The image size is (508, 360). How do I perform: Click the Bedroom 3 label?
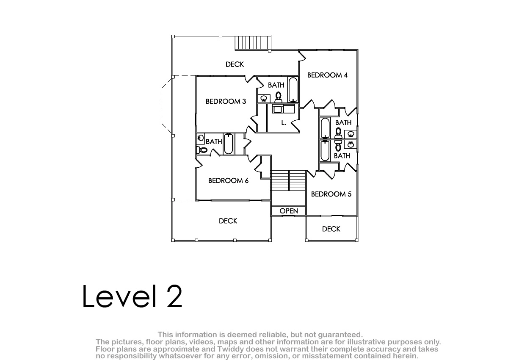226,101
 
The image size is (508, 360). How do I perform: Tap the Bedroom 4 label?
327,75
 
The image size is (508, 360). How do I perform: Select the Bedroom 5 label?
331,194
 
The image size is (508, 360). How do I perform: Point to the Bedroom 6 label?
228,180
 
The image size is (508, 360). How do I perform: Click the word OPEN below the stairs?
289,211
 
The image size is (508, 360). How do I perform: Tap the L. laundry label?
284,123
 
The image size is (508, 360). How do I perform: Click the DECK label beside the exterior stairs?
235,64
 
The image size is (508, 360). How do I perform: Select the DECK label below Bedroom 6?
228,221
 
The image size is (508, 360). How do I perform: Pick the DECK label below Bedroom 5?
331,229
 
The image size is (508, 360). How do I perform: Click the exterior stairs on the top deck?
253,43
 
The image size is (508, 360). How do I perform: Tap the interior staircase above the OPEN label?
288,180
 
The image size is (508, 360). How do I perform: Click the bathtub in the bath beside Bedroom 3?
293,90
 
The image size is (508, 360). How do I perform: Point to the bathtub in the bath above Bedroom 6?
228,144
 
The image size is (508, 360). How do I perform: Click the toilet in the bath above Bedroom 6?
202,150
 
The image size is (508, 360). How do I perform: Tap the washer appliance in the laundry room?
277,109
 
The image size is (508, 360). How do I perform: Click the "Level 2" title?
132,296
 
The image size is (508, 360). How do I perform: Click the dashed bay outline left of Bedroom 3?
167,106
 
